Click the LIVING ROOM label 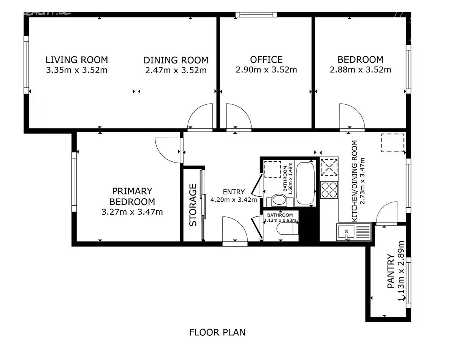click(77, 60)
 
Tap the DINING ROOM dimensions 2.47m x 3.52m click(176, 70)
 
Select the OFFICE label click(266, 60)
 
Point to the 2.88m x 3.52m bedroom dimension click(361, 70)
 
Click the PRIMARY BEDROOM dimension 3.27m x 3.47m click(132, 212)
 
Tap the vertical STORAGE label click(193, 205)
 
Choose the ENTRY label click(234, 192)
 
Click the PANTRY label click(391, 271)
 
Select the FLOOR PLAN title click(217, 333)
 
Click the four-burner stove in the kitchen click(329, 190)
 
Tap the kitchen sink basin click(346, 232)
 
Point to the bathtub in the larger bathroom click(305, 183)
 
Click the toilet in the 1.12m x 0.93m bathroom click(288, 229)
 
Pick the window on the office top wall click(256, 14)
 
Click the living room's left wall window click(26, 65)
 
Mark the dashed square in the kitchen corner click(393, 143)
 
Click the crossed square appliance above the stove click(329, 167)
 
